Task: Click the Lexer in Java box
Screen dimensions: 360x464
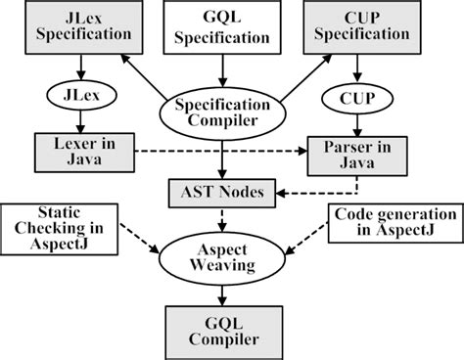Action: [83, 151]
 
